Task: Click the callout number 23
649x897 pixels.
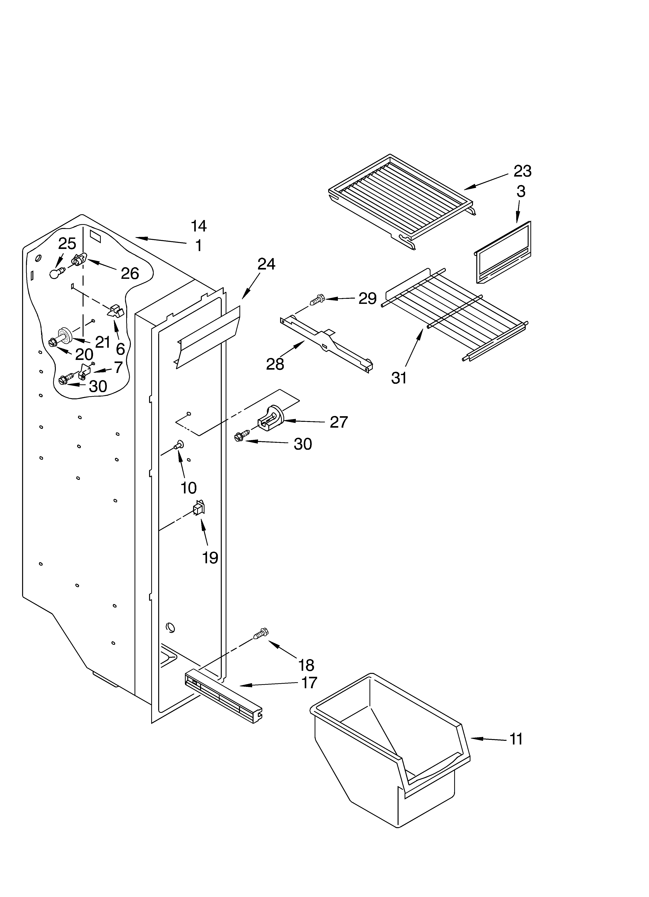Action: (522, 171)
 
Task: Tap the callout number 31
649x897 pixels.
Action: (399, 378)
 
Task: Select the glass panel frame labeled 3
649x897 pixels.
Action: (503, 253)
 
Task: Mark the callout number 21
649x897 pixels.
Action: (102, 342)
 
